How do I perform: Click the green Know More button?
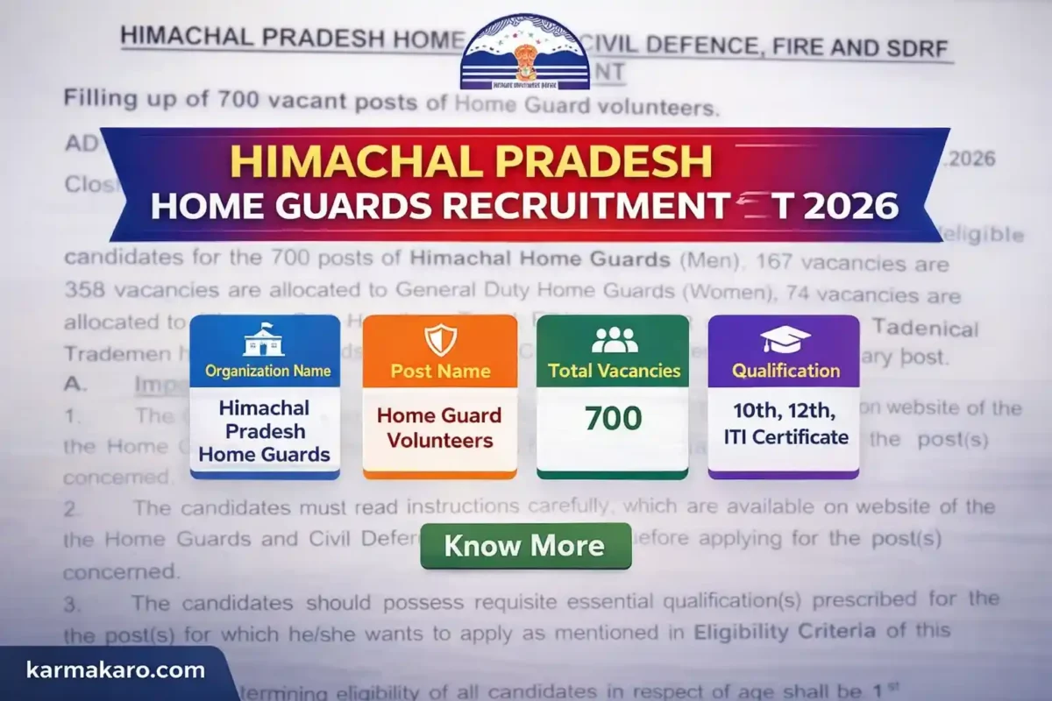524,546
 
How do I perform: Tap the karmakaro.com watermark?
114,672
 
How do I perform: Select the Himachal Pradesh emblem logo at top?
525,51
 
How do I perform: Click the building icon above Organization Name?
264,339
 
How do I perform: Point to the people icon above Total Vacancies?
614,339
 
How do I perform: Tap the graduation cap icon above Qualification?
785,339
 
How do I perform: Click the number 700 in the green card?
614,418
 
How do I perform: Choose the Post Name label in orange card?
439,371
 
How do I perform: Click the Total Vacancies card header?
614,371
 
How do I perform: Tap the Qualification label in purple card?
785,371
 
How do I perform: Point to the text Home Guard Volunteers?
439,427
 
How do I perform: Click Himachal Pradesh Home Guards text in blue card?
264,431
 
